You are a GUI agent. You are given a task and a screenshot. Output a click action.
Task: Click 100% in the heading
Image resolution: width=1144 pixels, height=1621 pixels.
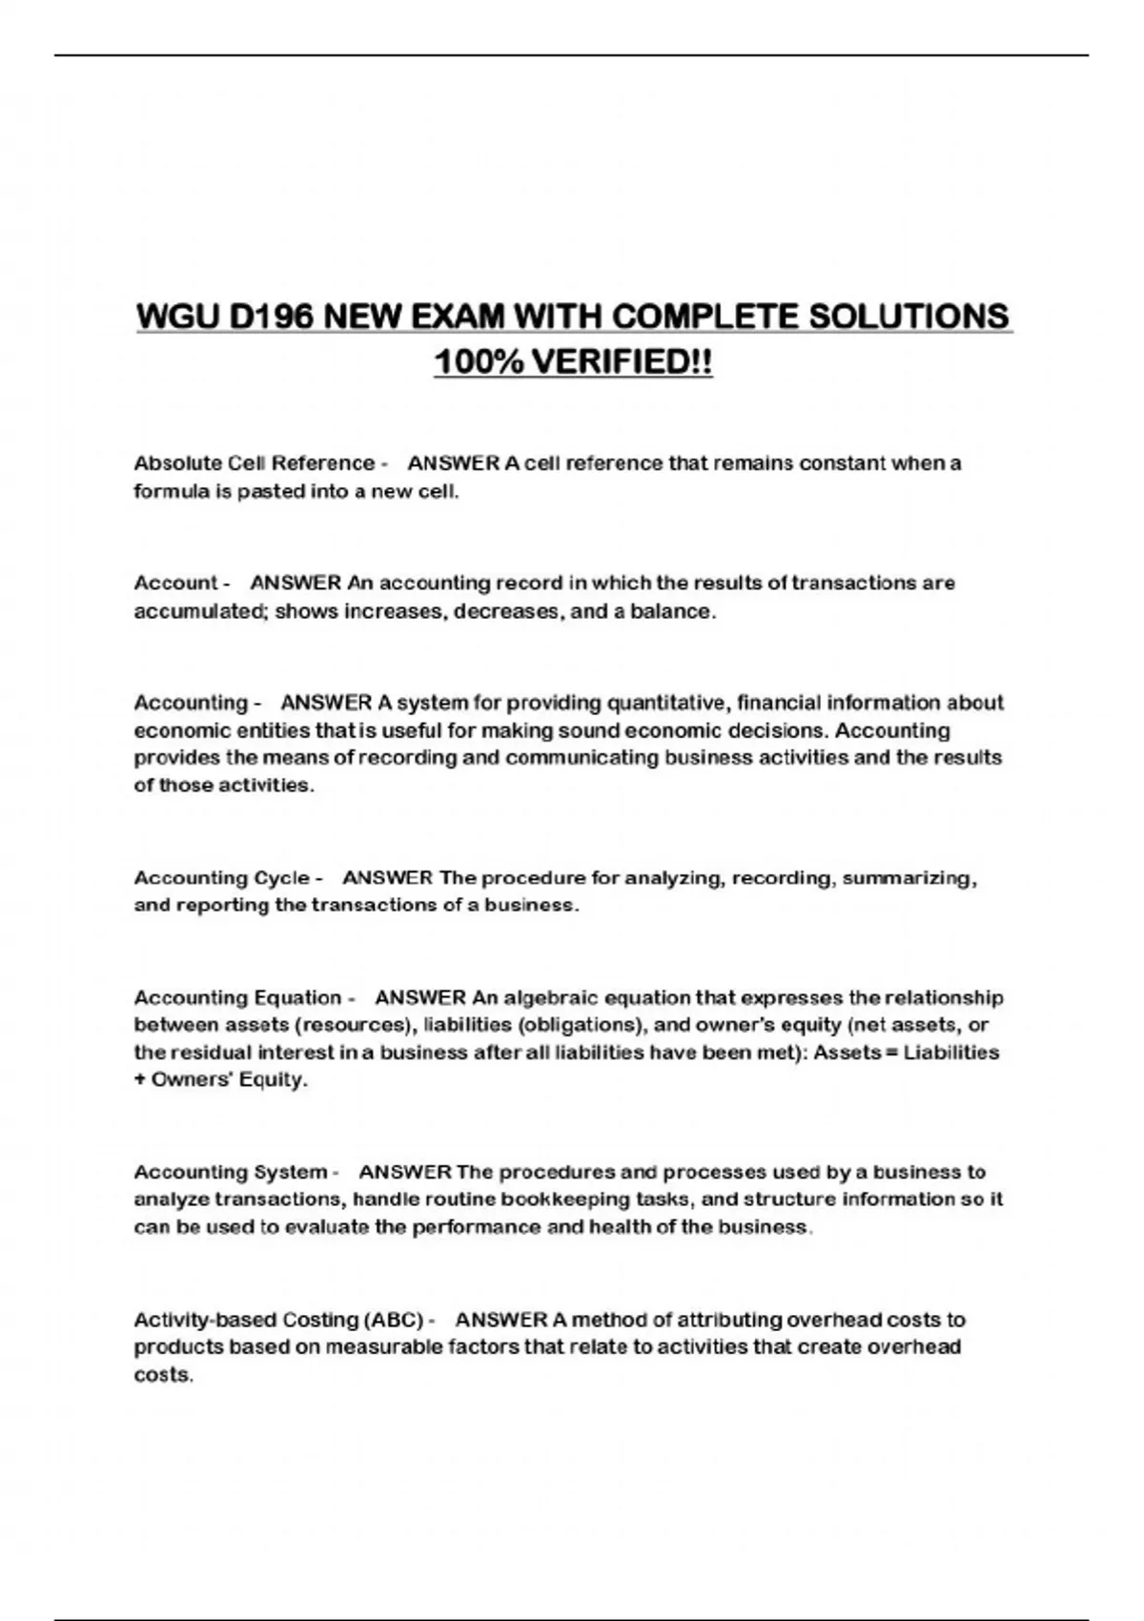point(477,362)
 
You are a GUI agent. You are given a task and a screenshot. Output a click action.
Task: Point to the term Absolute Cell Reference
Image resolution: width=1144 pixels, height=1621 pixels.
point(255,463)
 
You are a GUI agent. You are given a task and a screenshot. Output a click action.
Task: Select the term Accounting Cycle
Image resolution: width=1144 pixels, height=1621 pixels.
point(222,877)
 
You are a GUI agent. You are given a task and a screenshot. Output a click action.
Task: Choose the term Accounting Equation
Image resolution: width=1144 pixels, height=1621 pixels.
point(237,997)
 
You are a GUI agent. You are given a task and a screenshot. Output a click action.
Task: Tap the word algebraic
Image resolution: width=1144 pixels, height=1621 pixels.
point(551,997)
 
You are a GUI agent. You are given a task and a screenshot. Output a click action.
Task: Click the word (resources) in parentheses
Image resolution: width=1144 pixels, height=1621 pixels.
point(355,1025)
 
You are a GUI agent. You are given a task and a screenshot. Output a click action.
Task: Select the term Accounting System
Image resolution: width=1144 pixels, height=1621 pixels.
point(231,1172)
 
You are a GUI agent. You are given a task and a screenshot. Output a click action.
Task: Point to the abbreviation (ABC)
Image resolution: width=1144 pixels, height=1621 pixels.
point(394,1320)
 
